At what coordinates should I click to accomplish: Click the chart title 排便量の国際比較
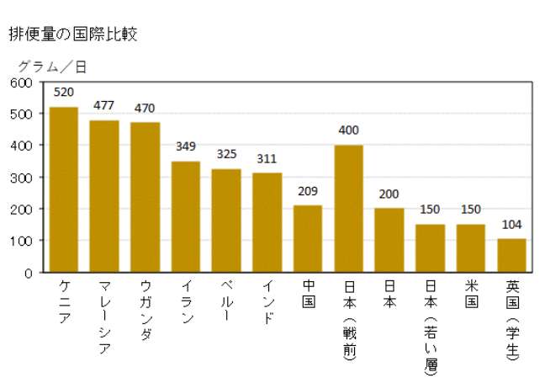coord(73,34)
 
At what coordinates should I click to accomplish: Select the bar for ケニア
coord(64,189)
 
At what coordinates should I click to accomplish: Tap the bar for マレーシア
coord(104,196)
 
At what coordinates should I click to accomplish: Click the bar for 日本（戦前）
coord(349,209)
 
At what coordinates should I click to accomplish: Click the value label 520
coord(64,92)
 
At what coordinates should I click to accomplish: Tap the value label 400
coord(349,130)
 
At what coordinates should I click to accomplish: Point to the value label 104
coord(511,225)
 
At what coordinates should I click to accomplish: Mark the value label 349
coord(186,146)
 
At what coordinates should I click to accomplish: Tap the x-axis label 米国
coord(471,293)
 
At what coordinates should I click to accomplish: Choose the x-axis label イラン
coord(186,301)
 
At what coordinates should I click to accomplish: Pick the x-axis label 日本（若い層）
coord(431,324)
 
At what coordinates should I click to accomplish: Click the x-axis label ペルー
coord(226,301)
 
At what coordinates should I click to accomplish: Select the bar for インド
coord(267,222)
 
